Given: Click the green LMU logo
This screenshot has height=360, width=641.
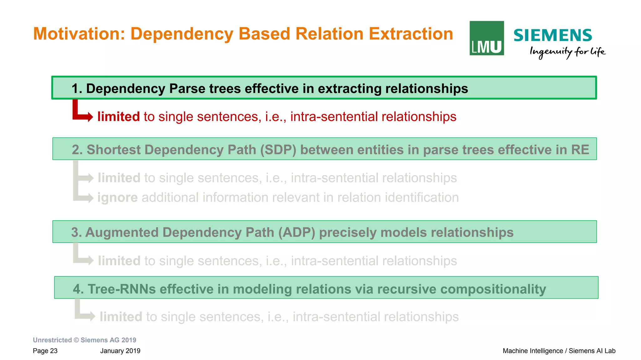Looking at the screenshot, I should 486,38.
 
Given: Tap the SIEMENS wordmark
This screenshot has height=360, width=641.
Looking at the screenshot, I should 552,35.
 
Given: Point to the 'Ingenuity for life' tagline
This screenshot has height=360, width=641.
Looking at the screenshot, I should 567,52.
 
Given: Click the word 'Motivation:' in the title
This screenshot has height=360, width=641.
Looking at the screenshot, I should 79,34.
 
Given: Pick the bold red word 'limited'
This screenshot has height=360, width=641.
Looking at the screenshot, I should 118,117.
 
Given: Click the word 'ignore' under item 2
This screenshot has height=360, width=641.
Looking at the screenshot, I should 117,198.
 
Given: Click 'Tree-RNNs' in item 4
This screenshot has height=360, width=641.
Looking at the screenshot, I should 122,289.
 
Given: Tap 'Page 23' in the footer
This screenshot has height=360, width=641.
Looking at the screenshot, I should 45,351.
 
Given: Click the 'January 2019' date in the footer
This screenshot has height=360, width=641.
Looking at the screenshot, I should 120,351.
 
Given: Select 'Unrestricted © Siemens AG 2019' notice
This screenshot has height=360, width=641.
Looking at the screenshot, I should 85,340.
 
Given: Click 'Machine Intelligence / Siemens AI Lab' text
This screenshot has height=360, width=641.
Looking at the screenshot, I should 559,351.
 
